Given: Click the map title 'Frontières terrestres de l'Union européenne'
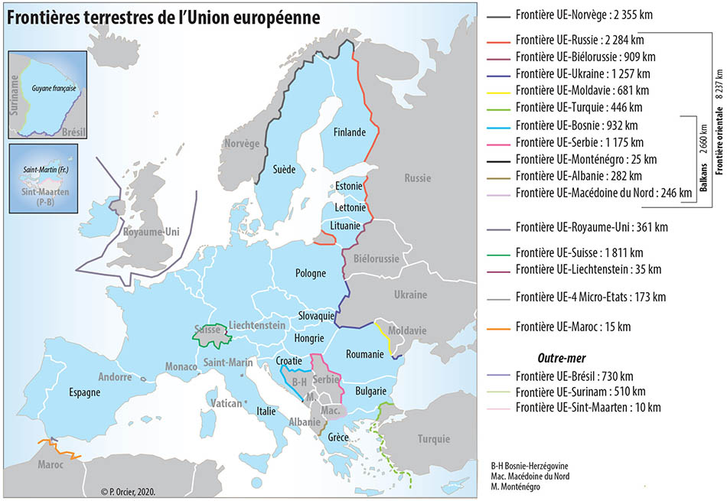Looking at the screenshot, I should [163, 18].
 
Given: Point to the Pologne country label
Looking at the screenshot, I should [311, 273].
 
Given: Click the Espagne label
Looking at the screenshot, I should [84, 392].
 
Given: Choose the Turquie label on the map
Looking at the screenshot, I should [434, 439].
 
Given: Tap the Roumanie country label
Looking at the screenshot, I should [363, 354].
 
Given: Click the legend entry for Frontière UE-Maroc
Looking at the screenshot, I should [574, 327].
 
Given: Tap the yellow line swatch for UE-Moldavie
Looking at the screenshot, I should [498, 90].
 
